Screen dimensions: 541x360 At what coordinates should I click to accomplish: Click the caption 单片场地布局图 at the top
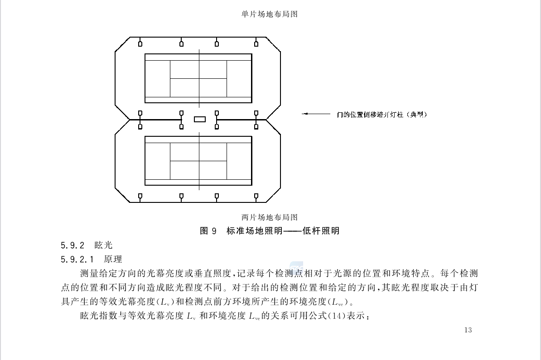pos(270,14)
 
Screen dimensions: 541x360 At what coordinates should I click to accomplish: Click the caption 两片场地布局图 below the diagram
pos(270,217)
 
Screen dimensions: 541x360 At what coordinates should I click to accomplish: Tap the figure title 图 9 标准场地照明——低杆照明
pos(270,230)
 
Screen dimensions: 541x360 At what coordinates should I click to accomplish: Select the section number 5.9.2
pos(72,245)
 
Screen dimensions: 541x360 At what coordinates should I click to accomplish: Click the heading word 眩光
pos(103,245)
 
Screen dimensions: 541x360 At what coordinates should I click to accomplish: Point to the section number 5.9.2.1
pos(77,259)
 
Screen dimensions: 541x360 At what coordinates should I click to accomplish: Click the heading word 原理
pos(113,259)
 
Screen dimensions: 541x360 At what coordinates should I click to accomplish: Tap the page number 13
pos(468,330)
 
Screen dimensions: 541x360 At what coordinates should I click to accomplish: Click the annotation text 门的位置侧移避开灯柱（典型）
pos(382,115)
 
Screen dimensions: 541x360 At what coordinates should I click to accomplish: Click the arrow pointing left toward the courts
pos(316,114)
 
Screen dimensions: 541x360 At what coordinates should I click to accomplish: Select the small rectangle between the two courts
pos(200,119)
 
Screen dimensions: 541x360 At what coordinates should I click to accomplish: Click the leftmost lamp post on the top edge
pos(140,42)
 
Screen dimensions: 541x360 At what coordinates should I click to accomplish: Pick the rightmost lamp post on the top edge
pos(256,42)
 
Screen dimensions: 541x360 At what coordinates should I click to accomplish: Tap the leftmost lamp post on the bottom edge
pos(140,197)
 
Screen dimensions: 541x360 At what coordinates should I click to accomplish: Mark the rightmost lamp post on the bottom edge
pos(256,197)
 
